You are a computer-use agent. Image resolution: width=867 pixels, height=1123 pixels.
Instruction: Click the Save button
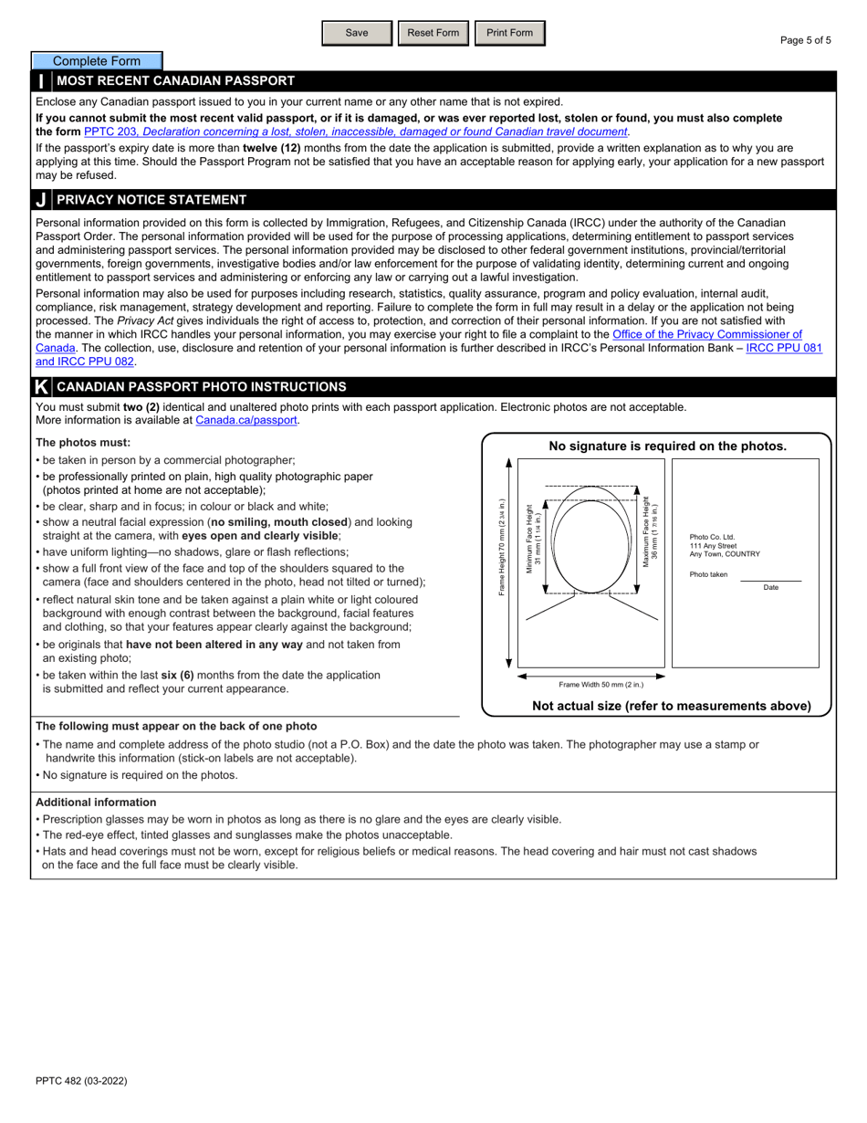[x=357, y=33]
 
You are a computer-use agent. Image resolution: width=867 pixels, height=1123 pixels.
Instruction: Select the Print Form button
[x=509, y=33]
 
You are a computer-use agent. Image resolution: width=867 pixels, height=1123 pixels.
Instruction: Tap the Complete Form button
[x=97, y=61]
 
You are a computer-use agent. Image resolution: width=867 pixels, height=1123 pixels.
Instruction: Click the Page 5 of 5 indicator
[x=805, y=40]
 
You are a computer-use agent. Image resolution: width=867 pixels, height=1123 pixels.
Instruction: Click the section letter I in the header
[x=41, y=81]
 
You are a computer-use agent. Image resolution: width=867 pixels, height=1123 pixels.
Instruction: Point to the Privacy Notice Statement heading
[x=151, y=200]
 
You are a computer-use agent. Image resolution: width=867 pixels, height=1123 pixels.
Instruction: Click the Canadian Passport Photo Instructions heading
[x=201, y=387]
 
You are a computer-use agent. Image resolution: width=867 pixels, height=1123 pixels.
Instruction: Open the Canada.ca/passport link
[x=246, y=421]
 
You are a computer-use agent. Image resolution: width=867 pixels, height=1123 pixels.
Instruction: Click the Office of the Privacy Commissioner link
[x=706, y=335]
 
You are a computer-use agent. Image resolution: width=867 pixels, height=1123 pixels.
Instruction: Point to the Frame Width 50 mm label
[x=601, y=684]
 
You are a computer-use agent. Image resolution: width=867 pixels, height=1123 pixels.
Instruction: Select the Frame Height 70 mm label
[x=502, y=548]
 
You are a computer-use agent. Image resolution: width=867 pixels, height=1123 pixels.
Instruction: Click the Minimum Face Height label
[x=533, y=539]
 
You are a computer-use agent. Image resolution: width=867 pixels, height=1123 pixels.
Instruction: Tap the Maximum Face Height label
[x=649, y=532]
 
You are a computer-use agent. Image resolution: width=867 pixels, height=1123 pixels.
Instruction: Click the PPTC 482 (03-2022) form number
[x=81, y=1081]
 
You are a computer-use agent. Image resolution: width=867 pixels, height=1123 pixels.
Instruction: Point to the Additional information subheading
[x=96, y=803]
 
